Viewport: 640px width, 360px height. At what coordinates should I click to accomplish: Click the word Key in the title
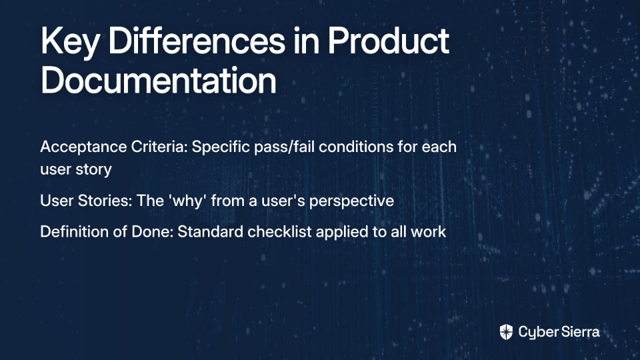coord(70,42)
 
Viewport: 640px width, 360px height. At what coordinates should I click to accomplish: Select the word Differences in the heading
coord(197,41)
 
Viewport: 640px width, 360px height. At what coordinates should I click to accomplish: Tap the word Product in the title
coord(388,41)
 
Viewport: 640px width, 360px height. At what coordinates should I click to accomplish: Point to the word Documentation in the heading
coord(159,80)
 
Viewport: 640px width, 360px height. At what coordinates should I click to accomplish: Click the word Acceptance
coord(83,147)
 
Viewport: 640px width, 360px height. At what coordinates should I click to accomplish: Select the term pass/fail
coord(284,147)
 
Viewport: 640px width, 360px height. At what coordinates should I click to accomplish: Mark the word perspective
coord(351,201)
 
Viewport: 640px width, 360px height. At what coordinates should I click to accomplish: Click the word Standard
coord(210,231)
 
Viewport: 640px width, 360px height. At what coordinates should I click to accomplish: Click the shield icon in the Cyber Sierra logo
coord(506,332)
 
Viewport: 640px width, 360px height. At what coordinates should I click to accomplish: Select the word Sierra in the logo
coord(579,332)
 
